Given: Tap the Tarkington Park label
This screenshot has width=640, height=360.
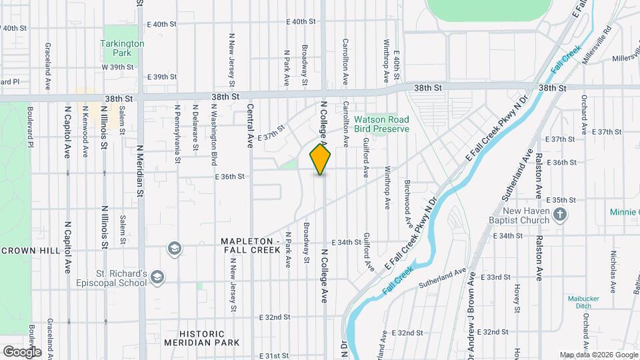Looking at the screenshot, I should click(122, 47).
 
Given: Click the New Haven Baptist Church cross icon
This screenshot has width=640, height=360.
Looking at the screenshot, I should click(561, 215).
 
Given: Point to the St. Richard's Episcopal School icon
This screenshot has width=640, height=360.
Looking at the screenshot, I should click(157, 277).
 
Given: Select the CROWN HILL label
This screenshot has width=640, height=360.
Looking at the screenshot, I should click(30, 251).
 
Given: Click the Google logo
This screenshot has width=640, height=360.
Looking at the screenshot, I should click(22, 351).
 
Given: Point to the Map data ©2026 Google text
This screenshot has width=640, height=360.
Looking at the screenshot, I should click(598, 355).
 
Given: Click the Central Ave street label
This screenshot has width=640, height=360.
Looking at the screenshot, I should click(251, 125).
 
